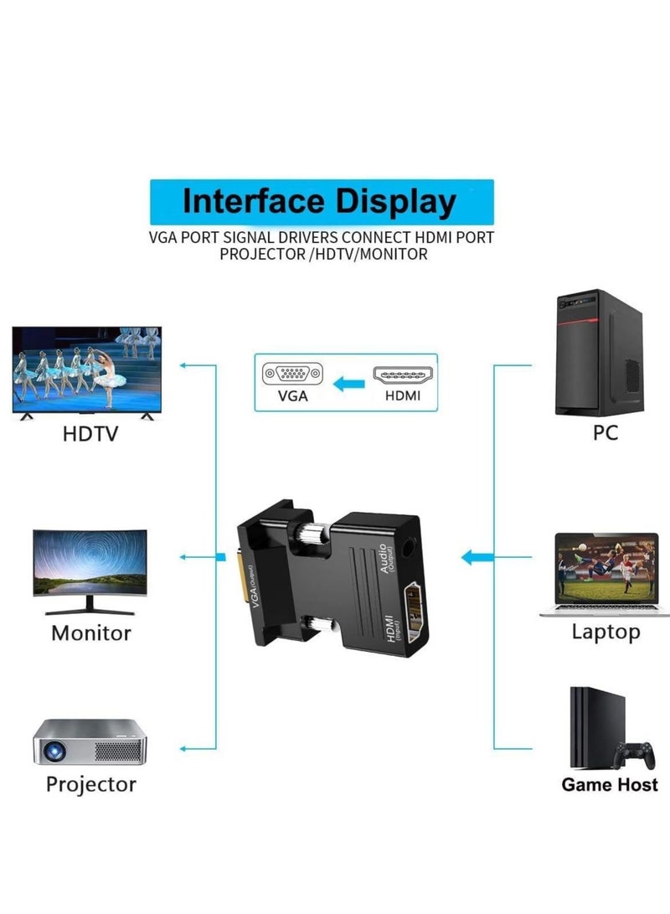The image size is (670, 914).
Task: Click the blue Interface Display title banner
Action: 322,202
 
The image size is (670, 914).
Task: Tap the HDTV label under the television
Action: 90,434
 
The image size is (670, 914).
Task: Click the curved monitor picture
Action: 90,572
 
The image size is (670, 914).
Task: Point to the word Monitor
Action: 91,633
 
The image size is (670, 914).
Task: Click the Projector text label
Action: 91,785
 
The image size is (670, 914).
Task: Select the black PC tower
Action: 600,352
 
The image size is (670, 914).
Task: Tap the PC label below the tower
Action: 606,433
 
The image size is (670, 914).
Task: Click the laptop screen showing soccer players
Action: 606,570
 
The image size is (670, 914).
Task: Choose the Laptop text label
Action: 606,632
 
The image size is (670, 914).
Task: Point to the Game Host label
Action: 610,785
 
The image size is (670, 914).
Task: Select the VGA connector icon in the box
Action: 292,374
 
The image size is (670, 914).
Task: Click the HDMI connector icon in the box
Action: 403,375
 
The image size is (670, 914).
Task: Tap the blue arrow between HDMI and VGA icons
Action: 348,385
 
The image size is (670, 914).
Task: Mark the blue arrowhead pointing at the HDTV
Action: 183,365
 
